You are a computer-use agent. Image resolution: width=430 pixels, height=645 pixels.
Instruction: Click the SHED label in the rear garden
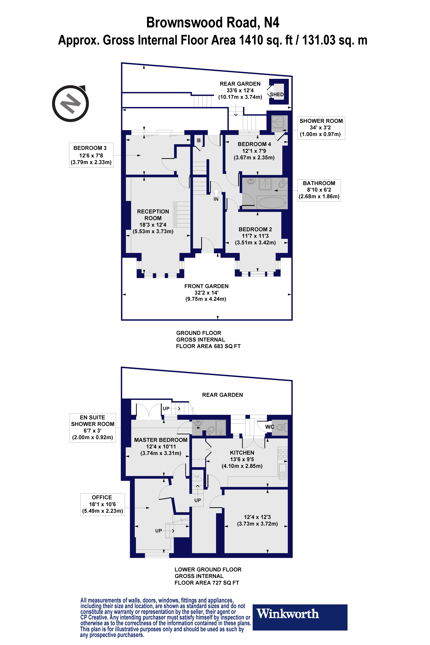point(277,94)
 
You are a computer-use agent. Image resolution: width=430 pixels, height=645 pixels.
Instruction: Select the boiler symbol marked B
point(199,140)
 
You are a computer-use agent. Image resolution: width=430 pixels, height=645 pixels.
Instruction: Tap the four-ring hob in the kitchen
point(283,454)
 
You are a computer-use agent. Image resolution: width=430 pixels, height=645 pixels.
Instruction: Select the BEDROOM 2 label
point(255,229)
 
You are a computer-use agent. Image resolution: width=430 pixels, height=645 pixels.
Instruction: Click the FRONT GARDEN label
point(206,286)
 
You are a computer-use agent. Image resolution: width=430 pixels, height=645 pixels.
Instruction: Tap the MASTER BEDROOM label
point(161,440)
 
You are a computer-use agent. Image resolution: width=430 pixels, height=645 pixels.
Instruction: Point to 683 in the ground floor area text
point(219,346)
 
